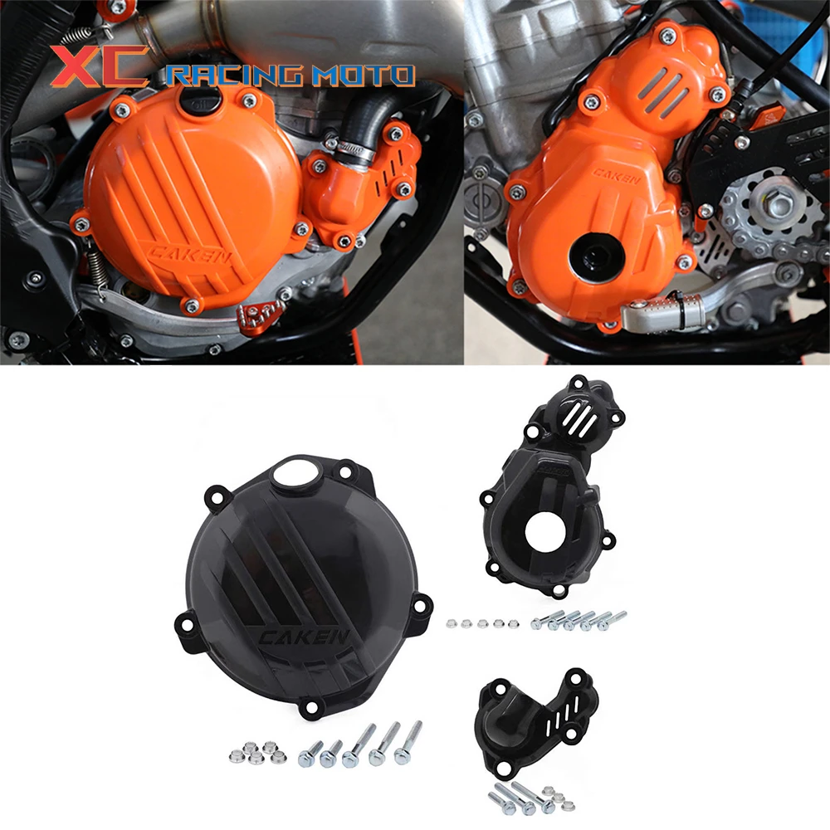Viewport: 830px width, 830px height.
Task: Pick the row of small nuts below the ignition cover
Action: point(476,622)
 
